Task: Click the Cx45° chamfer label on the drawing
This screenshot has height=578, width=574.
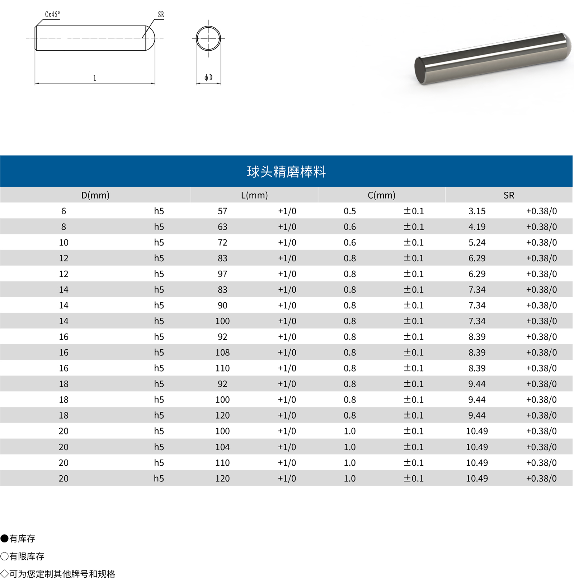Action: tap(52, 14)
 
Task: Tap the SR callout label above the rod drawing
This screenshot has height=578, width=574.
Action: tap(161, 15)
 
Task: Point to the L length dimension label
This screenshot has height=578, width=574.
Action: tap(95, 78)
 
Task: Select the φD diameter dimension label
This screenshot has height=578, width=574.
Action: tap(208, 77)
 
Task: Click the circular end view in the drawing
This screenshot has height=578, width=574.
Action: tap(208, 26)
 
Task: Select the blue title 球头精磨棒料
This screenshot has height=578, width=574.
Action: tap(287, 172)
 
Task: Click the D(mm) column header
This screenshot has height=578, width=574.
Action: tap(95, 195)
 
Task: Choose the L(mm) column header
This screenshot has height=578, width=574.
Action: tap(254, 195)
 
